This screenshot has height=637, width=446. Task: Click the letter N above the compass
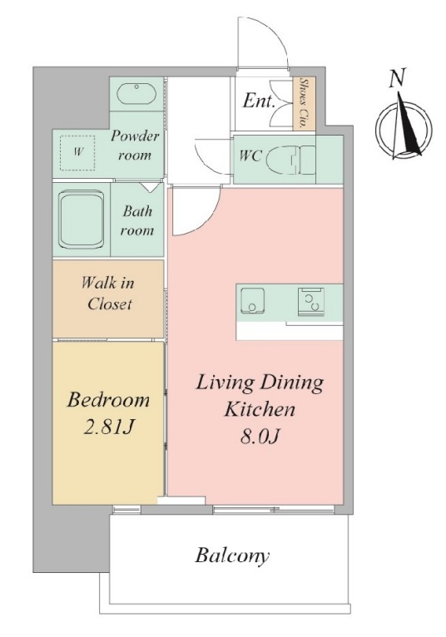398,77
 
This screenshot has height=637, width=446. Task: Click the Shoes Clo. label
303,103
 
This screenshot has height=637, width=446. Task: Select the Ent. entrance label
259,101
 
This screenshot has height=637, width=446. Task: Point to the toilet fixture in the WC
290,160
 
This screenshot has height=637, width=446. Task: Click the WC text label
250,156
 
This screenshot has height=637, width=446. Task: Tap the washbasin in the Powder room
136,94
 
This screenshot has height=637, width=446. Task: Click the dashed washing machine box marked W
77,153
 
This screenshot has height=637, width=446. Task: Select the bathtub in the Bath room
81,220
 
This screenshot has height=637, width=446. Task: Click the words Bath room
137,220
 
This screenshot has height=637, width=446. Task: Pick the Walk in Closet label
108,294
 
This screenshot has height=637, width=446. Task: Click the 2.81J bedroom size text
108,427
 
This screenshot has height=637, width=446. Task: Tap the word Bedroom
108,400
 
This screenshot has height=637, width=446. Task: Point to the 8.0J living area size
260,437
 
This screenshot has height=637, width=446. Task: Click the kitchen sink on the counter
252,300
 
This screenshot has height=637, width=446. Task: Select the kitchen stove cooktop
311,301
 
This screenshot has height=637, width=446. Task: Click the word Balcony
232,556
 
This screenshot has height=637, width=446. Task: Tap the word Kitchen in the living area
260,409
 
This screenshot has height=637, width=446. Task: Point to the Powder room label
135,145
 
